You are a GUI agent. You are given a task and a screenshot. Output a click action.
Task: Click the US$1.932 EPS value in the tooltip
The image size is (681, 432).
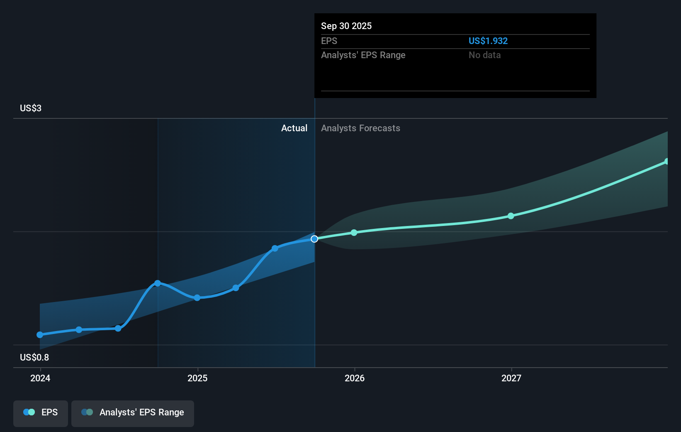tap(488, 41)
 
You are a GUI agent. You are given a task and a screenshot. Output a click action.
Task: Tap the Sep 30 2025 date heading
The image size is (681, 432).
tap(346, 26)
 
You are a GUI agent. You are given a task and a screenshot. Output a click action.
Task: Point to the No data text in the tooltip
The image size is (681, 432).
tap(484, 55)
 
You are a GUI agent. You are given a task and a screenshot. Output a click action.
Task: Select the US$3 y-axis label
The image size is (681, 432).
tap(31, 108)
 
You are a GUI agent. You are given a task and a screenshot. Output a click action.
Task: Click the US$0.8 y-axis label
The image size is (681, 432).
tap(34, 358)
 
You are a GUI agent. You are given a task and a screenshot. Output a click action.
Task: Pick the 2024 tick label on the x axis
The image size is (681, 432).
tap(40, 378)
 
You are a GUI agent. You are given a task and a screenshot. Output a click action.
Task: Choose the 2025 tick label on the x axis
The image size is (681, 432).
tap(197, 378)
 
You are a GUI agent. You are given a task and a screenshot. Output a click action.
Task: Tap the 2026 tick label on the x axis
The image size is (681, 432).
tap(355, 378)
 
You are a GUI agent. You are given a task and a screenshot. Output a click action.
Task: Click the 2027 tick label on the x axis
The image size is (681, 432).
tap(511, 378)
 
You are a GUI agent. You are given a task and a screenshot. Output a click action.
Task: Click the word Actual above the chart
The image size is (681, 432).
tap(294, 128)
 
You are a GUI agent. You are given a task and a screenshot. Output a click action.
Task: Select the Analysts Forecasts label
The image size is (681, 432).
tap(360, 128)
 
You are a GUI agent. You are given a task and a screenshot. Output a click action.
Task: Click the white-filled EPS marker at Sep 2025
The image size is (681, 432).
tap(314, 239)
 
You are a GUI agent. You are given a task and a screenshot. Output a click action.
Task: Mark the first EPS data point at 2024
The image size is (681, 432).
tap(40, 335)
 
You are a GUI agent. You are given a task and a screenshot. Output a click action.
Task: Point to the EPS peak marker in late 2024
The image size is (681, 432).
tap(158, 283)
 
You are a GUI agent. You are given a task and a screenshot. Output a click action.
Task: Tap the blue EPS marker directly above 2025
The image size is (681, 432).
tap(197, 298)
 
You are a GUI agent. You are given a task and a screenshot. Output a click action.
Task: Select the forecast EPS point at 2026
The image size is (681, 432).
tap(354, 233)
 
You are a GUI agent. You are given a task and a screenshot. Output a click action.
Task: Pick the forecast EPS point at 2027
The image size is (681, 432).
tap(511, 216)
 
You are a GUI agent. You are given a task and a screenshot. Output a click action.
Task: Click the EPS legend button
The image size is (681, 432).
tap(41, 413)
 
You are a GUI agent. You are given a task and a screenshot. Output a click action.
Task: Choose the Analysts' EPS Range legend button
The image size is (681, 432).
tap(133, 413)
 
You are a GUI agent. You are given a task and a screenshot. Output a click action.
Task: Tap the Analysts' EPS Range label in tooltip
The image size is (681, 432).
tap(363, 55)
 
